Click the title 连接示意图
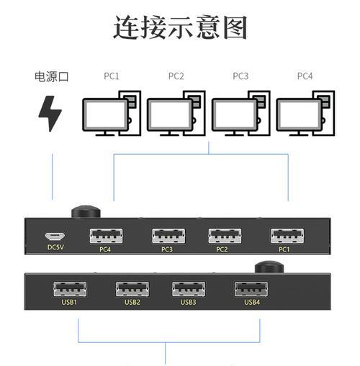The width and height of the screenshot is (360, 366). [x=180, y=27]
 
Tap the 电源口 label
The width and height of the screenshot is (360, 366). [x=52, y=76]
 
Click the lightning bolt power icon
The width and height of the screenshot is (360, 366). [x=50, y=114]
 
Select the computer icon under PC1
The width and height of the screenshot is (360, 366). [x=112, y=113]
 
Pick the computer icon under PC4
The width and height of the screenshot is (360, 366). [x=305, y=113]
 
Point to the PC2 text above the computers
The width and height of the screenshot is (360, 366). [x=176, y=76]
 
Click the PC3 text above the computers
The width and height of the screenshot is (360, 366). [x=240, y=76]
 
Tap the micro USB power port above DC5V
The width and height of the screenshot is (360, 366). [x=55, y=236]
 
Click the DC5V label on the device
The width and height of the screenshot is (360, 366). [x=55, y=247]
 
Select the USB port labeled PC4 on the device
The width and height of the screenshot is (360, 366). [x=106, y=236]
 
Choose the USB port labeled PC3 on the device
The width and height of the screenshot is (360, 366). [x=168, y=236]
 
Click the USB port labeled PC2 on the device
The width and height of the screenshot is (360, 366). [x=225, y=236]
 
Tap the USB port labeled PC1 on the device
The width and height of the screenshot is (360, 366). [x=287, y=236]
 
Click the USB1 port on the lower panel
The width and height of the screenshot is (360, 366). [x=70, y=289]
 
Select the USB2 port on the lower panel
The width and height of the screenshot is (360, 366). [x=132, y=289]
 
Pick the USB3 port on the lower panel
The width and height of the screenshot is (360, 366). [x=189, y=289]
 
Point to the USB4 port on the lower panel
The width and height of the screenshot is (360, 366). [x=251, y=289]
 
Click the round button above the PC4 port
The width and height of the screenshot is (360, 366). [x=86, y=212]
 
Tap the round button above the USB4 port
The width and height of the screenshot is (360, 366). [x=269, y=267]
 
